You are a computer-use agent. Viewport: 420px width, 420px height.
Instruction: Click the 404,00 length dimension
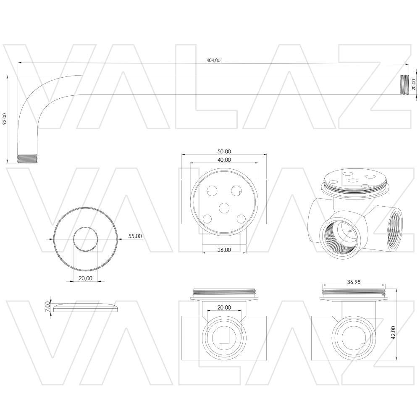click(213, 60)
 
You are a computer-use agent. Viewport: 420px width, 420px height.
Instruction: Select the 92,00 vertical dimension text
click(4, 119)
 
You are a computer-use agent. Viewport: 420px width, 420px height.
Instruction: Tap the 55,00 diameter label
click(135, 236)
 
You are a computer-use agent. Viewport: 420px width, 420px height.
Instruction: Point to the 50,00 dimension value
click(224, 151)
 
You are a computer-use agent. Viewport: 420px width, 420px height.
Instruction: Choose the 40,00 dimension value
click(224, 160)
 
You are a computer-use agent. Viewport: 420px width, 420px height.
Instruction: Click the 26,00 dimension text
click(224, 250)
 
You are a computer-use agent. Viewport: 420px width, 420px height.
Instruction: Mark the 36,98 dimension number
click(354, 282)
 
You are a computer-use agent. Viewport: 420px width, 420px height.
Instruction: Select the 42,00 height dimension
click(393, 332)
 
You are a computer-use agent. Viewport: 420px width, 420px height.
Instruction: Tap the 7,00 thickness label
click(48, 306)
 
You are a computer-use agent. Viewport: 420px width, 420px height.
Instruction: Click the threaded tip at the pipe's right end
click(404, 85)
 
